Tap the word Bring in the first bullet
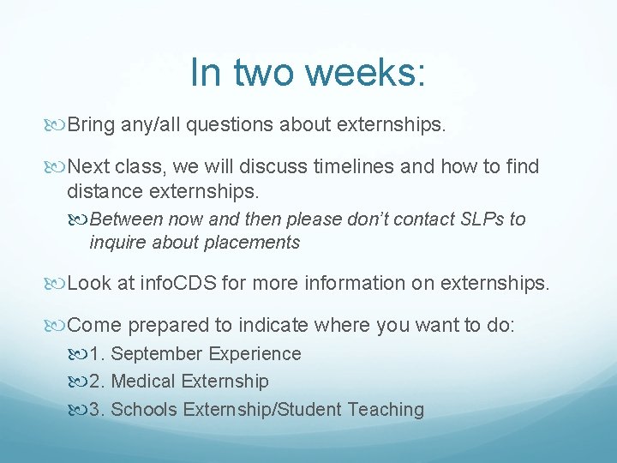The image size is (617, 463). (x=91, y=126)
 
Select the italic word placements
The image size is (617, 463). (x=253, y=243)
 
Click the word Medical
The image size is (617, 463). (x=145, y=382)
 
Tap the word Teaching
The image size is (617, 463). (x=386, y=410)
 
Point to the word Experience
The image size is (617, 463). (x=255, y=354)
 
